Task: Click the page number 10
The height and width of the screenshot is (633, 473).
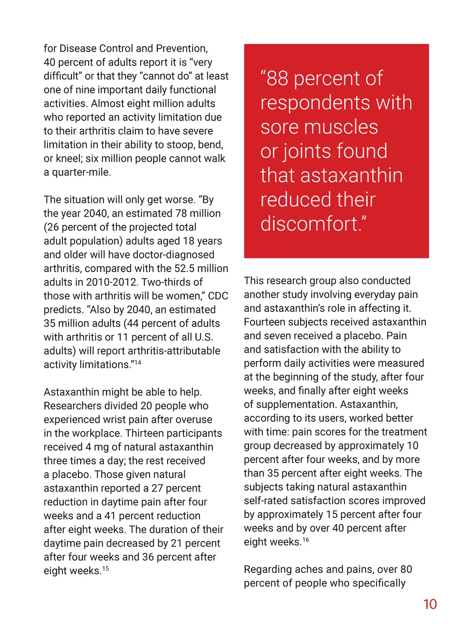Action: (x=430, y=604)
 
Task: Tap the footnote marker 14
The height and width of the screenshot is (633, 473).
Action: (x=138, y=362)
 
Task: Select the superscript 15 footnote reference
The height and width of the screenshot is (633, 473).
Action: (x=106, y=568)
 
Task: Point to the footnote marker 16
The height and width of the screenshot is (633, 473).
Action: (x=306, y=540)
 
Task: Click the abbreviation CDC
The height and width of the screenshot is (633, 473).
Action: (x=218, y=296)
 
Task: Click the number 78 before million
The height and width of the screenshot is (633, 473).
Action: (x=181, y=213)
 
